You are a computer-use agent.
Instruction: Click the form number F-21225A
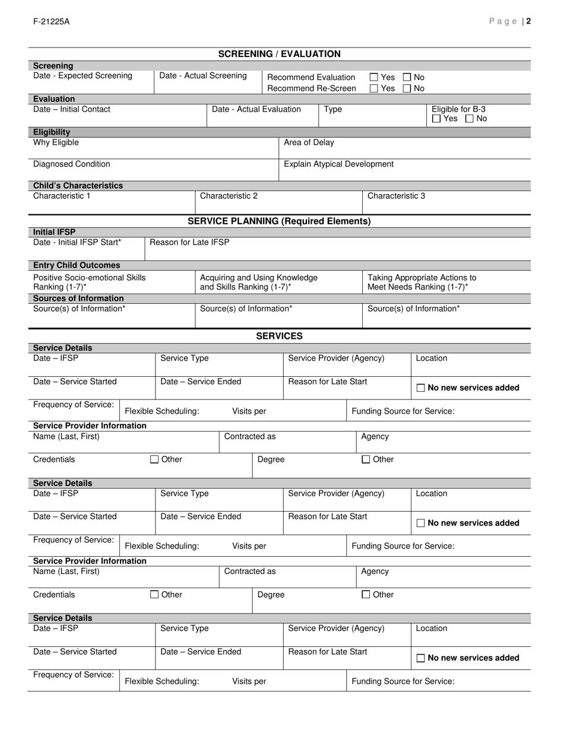point(52,21)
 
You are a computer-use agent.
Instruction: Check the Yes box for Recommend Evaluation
point(374,77)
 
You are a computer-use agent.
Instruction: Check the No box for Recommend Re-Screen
point(407,88)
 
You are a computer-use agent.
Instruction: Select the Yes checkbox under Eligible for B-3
point(437,119)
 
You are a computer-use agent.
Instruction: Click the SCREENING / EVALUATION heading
point(279,54)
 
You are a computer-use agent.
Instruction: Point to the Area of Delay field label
point(309,142)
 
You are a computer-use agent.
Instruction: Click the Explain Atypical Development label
point(338,164)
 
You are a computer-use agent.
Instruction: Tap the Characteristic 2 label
point(229,195)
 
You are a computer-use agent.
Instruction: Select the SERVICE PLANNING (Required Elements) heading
point(279,221)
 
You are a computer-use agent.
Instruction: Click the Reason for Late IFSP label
point(189,242)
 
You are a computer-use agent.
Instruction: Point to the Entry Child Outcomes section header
point(77,265)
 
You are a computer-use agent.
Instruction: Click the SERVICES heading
point(279,336)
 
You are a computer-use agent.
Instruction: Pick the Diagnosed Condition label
point(71,164)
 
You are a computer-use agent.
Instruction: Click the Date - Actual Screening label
point(203,75)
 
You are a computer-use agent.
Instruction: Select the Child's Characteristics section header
point(78,186)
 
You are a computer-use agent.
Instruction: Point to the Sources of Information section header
point(78,299)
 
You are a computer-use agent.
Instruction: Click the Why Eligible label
point(56,142)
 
